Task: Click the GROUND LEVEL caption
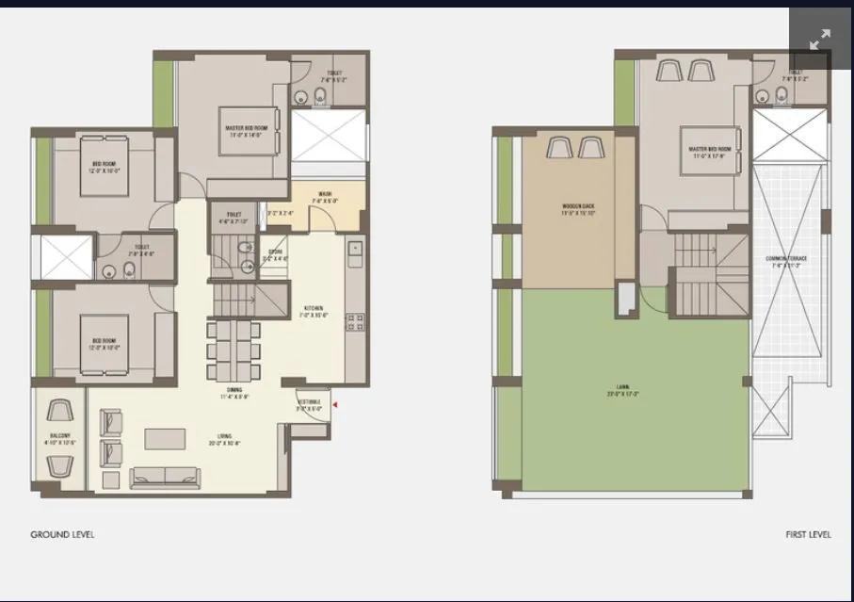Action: pyautogui.click(x=62, y=534)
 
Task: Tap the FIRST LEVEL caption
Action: pyautogui.click(x=808, y=534)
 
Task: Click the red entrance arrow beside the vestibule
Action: pyautogui.click(x=333, y=405)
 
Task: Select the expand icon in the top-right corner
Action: pyautogui.click(x=820, y=40)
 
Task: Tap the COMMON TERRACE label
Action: pyautogui.click(x=787, y=261)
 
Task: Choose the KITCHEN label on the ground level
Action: pyautogui.click(x=313, y=311)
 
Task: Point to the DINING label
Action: pyautogui.click(x=234, y=393)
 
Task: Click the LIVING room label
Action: pyautogui.click(x=225, y=438)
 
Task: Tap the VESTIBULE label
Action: pyautogui.click(x=310, y=404)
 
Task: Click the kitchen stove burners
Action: pyautogui.click(x=355, y=323)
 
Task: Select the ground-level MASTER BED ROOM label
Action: pyautogui.click(x=245, y=131)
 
